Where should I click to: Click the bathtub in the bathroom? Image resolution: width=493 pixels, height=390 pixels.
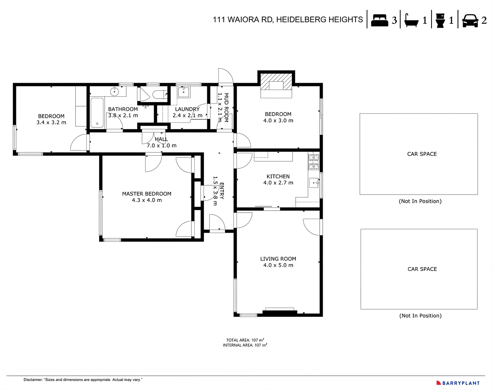click(x=97, y=113)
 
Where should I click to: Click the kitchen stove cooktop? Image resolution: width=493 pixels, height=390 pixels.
click(x=314, y=162)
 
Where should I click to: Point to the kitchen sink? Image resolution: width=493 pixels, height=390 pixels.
click(x=314, y=183)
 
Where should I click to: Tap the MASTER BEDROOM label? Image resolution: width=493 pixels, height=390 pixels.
click(x=146, y=194)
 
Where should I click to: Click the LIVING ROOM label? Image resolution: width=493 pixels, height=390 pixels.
click(x=278, y=259)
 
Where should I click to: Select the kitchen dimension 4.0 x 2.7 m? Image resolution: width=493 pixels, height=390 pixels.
click(x=278, y=183)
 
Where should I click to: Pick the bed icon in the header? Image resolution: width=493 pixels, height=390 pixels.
click(x=379, y=20)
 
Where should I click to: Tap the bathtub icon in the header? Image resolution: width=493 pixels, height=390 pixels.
click(x=411, y=20)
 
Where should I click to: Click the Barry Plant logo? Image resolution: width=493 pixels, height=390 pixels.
click(x=458, y=383)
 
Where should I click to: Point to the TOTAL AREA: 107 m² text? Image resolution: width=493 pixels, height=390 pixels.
click(x=245, y=340)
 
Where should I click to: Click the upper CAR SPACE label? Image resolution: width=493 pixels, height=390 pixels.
click(x=422, y=154)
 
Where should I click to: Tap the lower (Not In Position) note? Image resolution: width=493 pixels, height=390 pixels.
click(x=420, y=316)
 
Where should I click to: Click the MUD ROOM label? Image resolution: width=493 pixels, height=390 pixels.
click(x=226, y=108)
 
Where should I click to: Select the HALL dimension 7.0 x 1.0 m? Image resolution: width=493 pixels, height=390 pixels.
click(x=161, y=146)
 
